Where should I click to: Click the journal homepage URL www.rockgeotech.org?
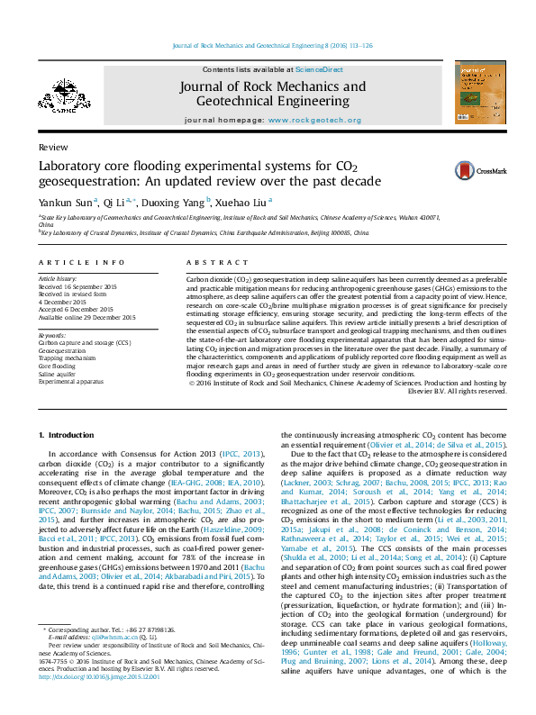click(x=313, y=121)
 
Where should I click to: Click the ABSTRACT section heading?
click(x=209, y=262)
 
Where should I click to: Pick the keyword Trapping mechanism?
click(x=67, y=358)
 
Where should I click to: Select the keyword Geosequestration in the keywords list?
click(x=62, y=350)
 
